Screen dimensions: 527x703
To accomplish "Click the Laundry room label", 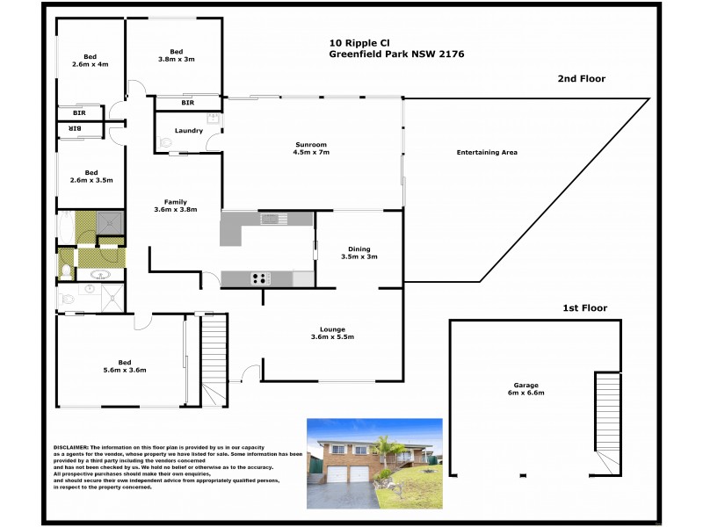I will (189, 131).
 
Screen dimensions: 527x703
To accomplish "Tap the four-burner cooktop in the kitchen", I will (260, 278).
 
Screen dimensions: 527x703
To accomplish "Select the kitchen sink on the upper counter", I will (274, 218).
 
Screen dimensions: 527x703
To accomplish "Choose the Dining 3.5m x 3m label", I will (358, 252).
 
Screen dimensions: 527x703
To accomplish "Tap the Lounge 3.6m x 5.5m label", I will (332, 333).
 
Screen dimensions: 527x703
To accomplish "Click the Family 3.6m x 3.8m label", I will (176, 206).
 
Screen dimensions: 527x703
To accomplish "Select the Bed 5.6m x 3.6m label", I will (123, 366).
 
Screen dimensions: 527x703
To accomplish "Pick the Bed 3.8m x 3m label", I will (176, 55).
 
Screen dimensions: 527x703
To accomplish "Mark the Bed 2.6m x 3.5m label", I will (91, 176).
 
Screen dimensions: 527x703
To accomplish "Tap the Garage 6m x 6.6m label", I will (525, 388).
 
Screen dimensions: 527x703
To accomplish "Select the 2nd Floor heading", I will (581, 79).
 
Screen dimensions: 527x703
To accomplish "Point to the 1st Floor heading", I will (585, 308).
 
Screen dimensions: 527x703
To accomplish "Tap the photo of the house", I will (373, 464).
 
